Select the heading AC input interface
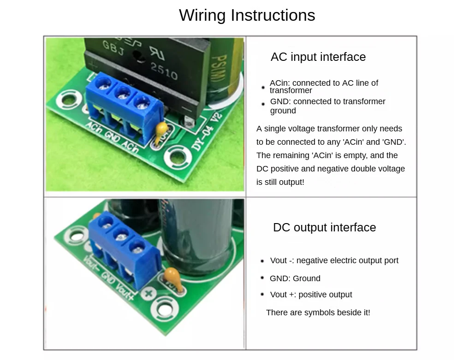click(x=318, y=57)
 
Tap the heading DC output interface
click(x=324, y=227)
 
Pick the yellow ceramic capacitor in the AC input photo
click(x=161, y=131)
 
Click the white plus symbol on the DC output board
click(x=148, y=293)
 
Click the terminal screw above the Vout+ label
click(x=137, y=248)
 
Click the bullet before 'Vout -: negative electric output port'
click(x=262, y=261)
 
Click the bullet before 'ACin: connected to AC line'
click(x=263, y=87)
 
